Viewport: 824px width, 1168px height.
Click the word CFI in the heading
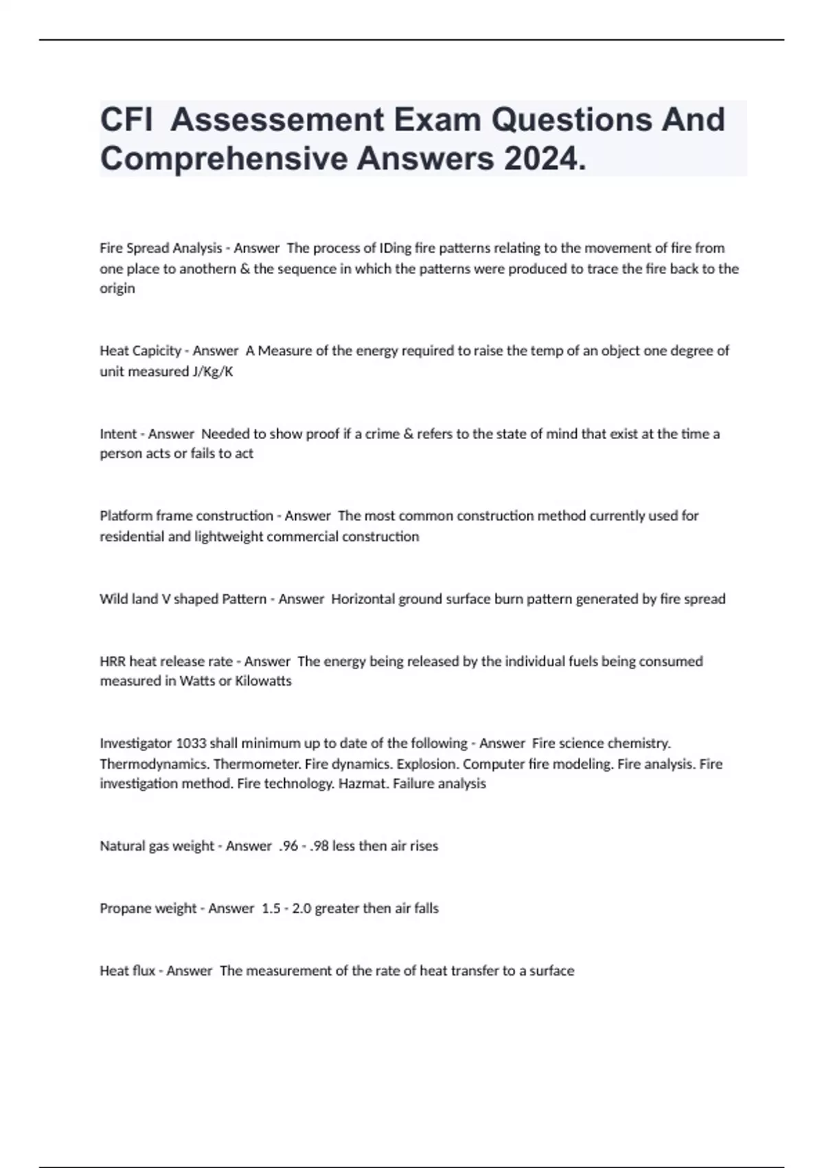(x=126, y=120)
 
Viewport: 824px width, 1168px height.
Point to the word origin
(x=117, y=289)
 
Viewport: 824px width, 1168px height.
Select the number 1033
(x=191, y=743)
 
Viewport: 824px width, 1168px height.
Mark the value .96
(x=288, y=846)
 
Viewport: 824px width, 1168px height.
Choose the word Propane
(x=125, y=909)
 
